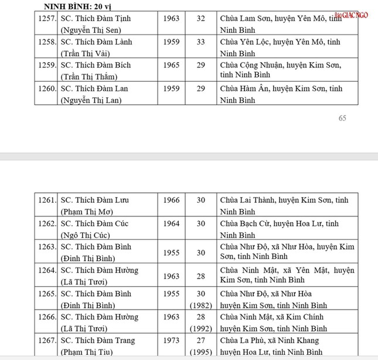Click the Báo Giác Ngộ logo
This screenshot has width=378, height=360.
[x=352, y=15]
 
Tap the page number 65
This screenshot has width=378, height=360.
[x=343, y=118]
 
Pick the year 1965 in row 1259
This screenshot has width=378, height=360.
[x=171, y=65]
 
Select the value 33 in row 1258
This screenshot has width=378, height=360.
[x=201, y=42]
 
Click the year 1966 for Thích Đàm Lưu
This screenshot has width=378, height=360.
[x=171, y=200]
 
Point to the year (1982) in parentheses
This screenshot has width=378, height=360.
[x=201, y=305]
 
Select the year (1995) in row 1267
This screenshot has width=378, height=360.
[x=201, y=352]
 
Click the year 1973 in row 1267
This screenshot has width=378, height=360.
[x=171, y=341]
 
